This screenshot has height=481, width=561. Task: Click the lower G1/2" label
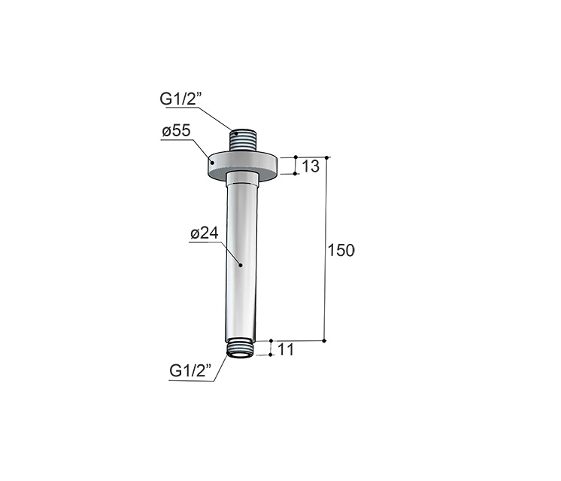tap(190, 370)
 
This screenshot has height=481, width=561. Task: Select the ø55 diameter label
tap(177, 131)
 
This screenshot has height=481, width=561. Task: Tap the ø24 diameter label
tap(205, 233)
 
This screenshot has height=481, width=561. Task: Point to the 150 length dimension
tap(341, 251)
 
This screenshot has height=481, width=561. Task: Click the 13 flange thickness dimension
tap(311, 166)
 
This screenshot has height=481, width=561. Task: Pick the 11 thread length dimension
tap(285, 349)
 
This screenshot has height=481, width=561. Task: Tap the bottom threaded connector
tap(241, 349)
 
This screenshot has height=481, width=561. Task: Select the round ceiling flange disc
tap(244, 165)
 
